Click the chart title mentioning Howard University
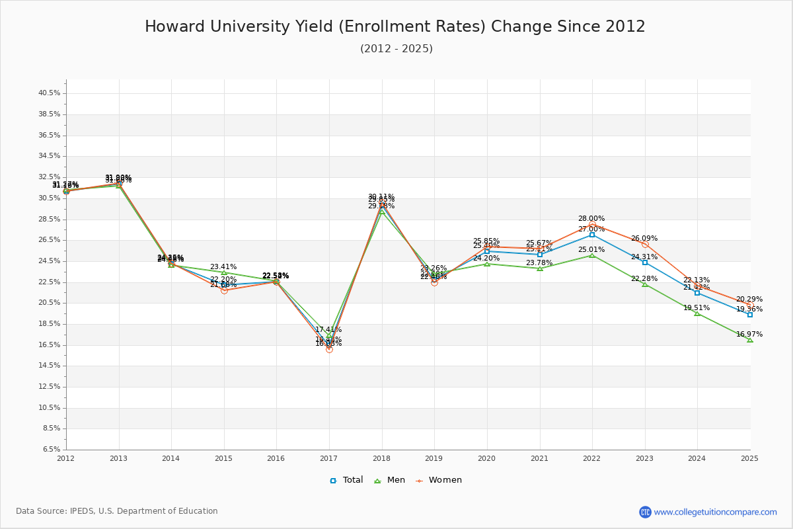tap(395, 27)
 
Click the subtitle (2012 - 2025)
tap(397, 49)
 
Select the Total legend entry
tap(347, 480)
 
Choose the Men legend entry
tap(391, 480)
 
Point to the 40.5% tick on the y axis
tap(50, 93)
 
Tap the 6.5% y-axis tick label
tap(51, 450)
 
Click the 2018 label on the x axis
tap(382, 458)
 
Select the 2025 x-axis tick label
tap(749, 458)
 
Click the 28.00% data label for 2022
tap(591, 219)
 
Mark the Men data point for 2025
tap(750, 340)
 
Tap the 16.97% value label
tap(749, 335)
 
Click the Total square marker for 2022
tap(592, 235)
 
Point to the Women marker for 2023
tap(645, 245)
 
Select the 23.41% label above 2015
tap(223, 267)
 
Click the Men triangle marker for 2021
tap(540, 268)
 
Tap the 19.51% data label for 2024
tap(697, 308)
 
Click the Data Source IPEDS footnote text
tap(117, 511)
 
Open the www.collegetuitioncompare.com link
tap(716, 512)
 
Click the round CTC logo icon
tap(645, 512)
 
